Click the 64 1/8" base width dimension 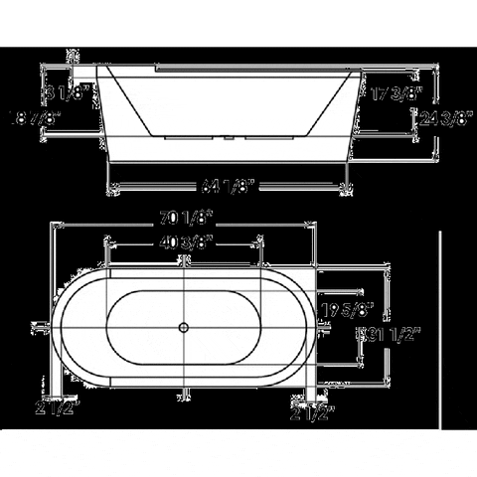[x=230, y=185]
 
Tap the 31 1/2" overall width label [x=384, y=334]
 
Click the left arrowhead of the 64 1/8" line [x=112, y=185]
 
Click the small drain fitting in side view [x=230, y=140]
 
